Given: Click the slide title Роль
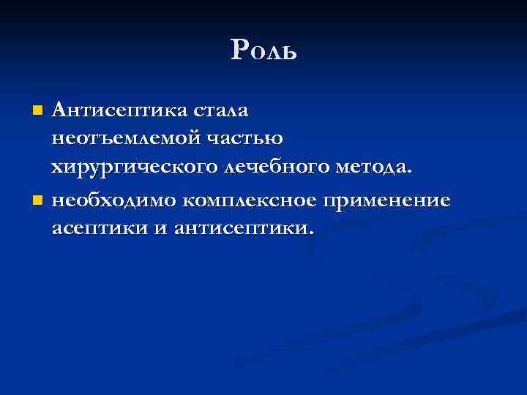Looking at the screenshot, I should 263,50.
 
